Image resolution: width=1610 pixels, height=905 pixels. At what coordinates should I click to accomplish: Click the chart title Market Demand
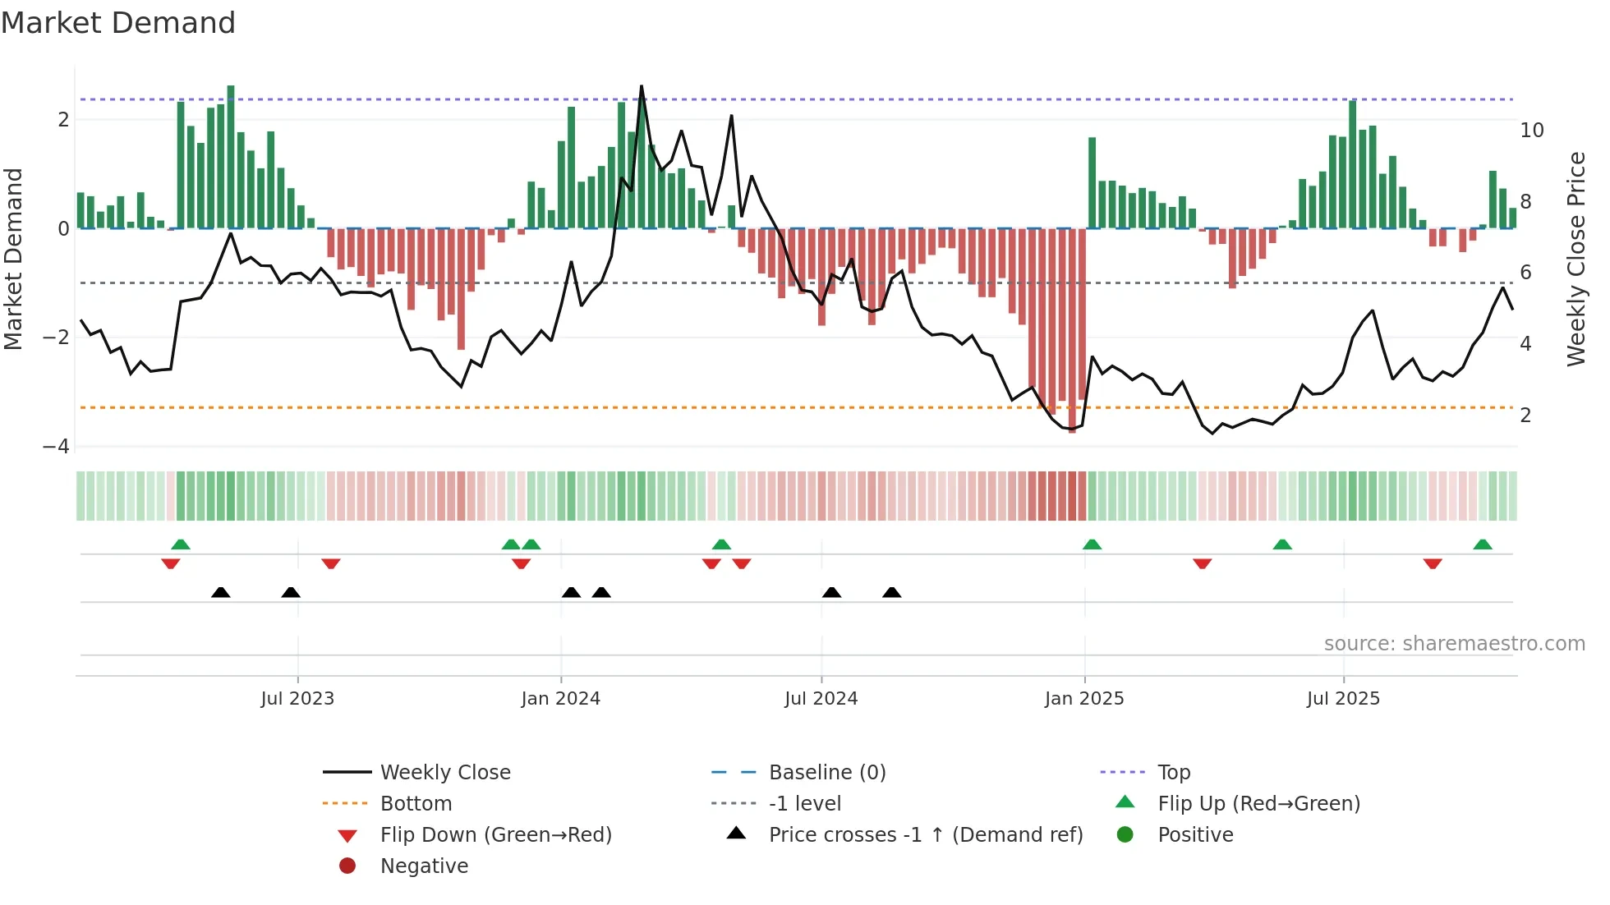click(118, 23)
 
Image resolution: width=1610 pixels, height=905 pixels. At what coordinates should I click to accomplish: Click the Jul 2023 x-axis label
click(297, 699)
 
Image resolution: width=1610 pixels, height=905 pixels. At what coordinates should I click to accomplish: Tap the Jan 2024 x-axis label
click(561, 699)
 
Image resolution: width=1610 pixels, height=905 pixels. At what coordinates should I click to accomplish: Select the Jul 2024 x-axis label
click(821, 699)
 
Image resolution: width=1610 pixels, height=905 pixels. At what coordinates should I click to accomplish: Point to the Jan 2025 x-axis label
click(1084, 699)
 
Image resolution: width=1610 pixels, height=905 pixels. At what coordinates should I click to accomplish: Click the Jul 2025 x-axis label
click(1344, 699)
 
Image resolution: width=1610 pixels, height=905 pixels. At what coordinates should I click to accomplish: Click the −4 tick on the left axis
click(57, 447)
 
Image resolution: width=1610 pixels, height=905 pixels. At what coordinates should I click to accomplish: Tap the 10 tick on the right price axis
click(1532, 131)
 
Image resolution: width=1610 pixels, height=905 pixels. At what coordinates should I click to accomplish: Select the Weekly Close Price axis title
click(1576, 259)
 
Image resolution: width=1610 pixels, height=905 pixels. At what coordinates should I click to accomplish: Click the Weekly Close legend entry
click(445, 773)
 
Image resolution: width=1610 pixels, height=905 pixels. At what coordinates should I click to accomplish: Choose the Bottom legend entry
click(416, 804)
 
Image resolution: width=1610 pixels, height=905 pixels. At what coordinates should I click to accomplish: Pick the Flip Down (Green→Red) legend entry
click(495, 835)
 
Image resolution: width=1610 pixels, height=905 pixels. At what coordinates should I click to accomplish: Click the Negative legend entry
click(424, 866)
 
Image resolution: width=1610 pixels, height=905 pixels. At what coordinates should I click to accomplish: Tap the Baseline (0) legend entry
click(827, 773)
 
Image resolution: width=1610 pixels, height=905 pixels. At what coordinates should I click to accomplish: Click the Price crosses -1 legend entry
click(926, 835)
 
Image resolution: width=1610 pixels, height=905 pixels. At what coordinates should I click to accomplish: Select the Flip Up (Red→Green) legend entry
click(1258, 804)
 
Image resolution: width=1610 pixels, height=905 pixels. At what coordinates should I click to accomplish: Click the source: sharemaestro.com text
click(1454, 644)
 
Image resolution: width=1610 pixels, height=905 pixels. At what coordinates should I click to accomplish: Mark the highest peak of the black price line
click(642, 86)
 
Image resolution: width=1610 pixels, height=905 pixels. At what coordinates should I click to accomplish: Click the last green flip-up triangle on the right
click(1483, 544)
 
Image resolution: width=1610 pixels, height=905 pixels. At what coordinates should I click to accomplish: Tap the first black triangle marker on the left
click(220, 592)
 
